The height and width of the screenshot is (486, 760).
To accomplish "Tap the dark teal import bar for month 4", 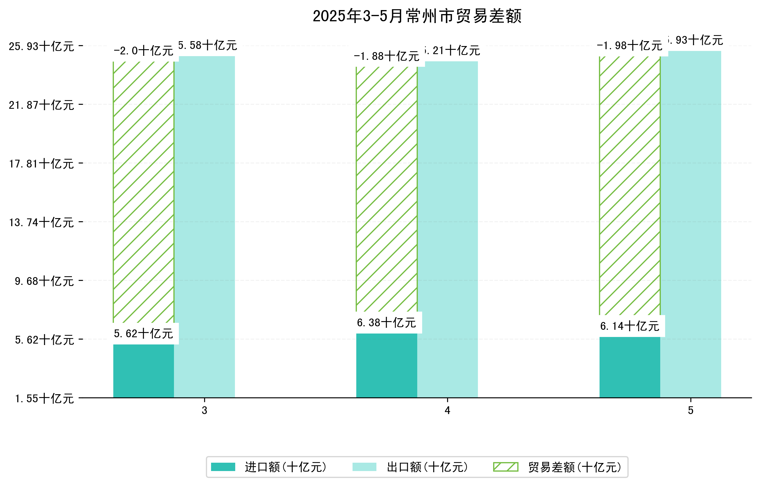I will (x=387, y=365).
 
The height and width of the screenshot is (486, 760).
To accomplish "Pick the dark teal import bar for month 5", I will (x=630, y=367).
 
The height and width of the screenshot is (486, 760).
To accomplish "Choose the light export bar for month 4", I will (x=447, y=229).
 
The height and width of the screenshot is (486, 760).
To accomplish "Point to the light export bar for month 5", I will (x=691, y=224).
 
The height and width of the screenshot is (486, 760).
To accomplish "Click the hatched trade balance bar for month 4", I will (x=387, y=189).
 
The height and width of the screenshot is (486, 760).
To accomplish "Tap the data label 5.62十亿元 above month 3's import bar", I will (x=143, y=333).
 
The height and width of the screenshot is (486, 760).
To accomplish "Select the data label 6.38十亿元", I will (x=387, y=323).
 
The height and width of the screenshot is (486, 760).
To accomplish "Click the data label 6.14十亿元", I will (x=630, y=326).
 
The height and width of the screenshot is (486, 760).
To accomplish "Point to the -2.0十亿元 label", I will (x=143, y=51).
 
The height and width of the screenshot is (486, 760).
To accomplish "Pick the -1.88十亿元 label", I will (x=387, y=56).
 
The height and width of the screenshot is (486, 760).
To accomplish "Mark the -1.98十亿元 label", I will (x=630, y=46).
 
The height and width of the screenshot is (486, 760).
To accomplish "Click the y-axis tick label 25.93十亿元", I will (x=41, y=46).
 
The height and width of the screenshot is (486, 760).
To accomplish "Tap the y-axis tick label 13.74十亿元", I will (x=41, y=222).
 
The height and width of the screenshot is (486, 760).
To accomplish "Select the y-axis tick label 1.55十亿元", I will (x=45, y=398).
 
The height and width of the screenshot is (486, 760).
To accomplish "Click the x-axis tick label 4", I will (x=447, y=410).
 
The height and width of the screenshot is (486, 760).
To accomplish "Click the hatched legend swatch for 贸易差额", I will (x=506, y=467).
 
